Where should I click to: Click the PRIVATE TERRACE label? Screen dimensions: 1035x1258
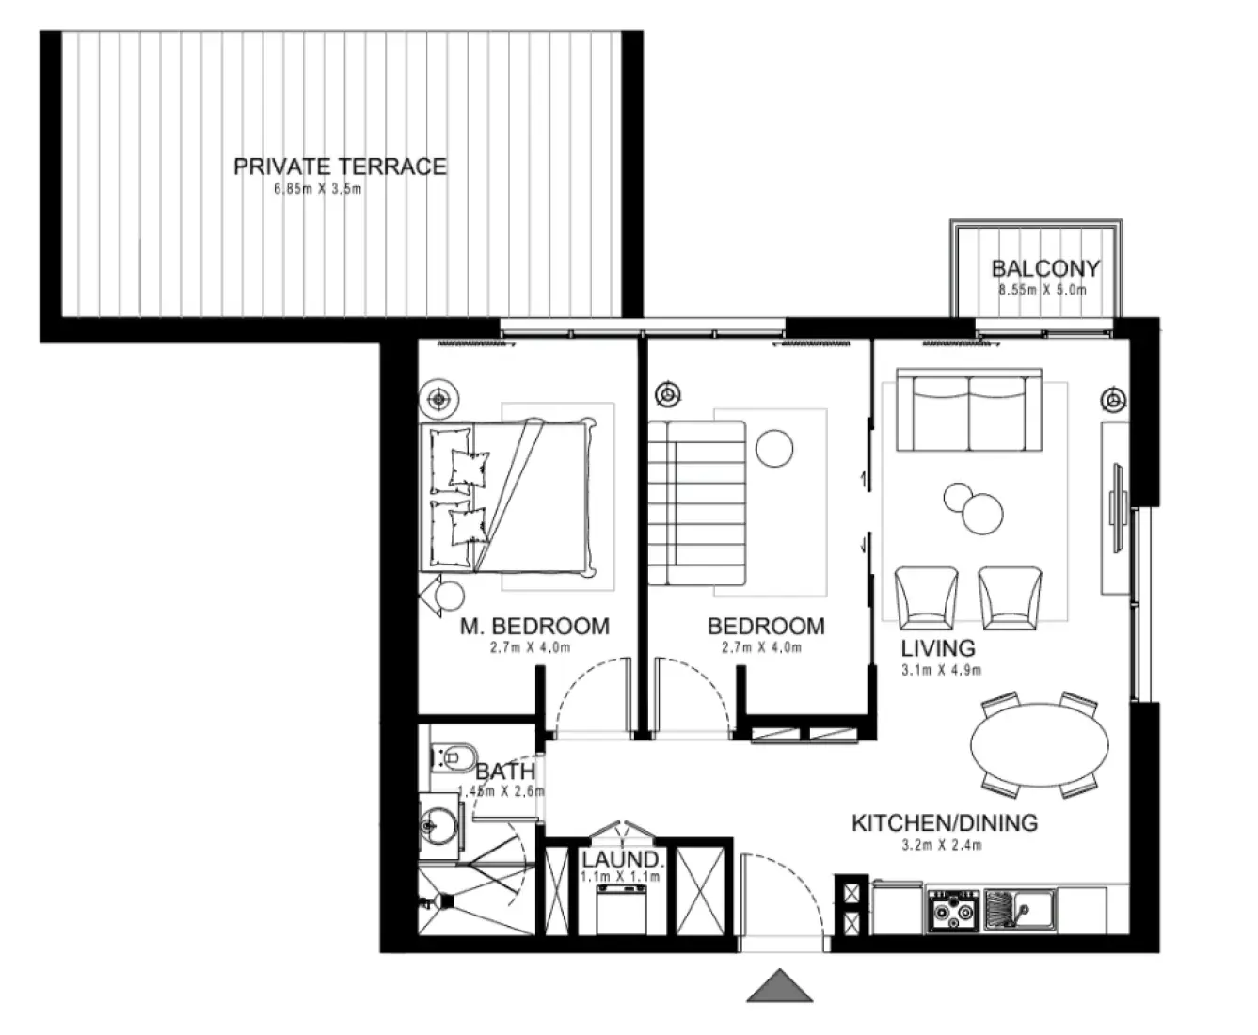point(340,167)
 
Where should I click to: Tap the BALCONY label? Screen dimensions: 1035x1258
point(1044,269)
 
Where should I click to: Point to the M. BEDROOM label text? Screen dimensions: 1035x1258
point(533,626)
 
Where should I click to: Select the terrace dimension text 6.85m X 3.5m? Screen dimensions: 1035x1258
point(317,189)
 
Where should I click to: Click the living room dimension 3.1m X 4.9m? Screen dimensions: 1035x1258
point(941,670)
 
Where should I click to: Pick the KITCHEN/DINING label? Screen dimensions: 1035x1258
point(944,823)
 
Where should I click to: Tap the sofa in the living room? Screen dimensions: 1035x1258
point(968,410)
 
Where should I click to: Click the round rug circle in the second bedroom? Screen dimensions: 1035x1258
point(776,448)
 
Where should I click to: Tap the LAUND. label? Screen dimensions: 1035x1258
point(622,859)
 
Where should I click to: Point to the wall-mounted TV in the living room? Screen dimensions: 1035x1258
point(1117,507)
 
